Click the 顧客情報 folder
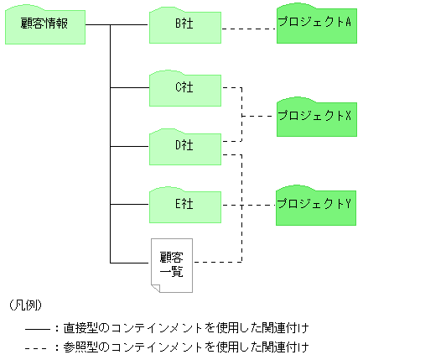[44, 24]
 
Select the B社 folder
[185, 24]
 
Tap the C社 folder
[185, 87]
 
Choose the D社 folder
[185, 145]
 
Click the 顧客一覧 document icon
[172, 264]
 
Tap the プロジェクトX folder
[314, 116]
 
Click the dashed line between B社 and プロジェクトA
[249, 29]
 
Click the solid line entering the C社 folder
[131, 87]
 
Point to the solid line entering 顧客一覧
[131, 263]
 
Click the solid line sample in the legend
[37, 327]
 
